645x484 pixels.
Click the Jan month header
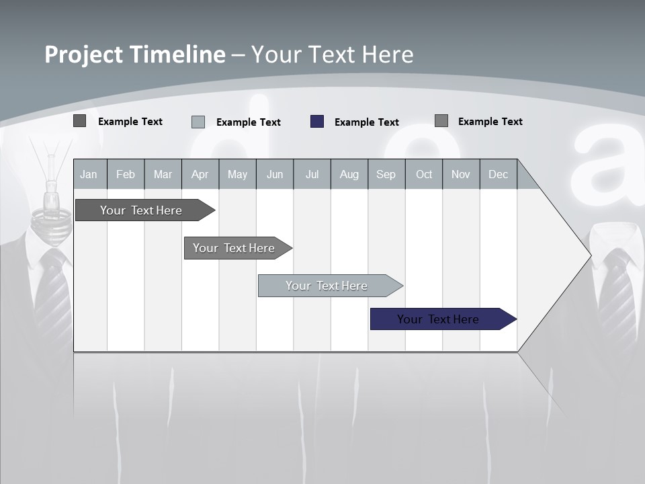click(89, 174)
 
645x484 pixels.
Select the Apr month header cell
click(200, 174)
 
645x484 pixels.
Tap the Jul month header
click(312, 174)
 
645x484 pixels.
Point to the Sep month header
click(386, 174)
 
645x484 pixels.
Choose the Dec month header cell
click(498, 174)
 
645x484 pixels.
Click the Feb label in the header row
click(126, 174)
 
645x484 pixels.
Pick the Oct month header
click(424, 174)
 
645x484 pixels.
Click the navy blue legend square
click(317, 122)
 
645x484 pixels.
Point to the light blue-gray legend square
click(198, 122)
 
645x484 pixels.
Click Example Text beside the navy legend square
click(366, 122)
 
